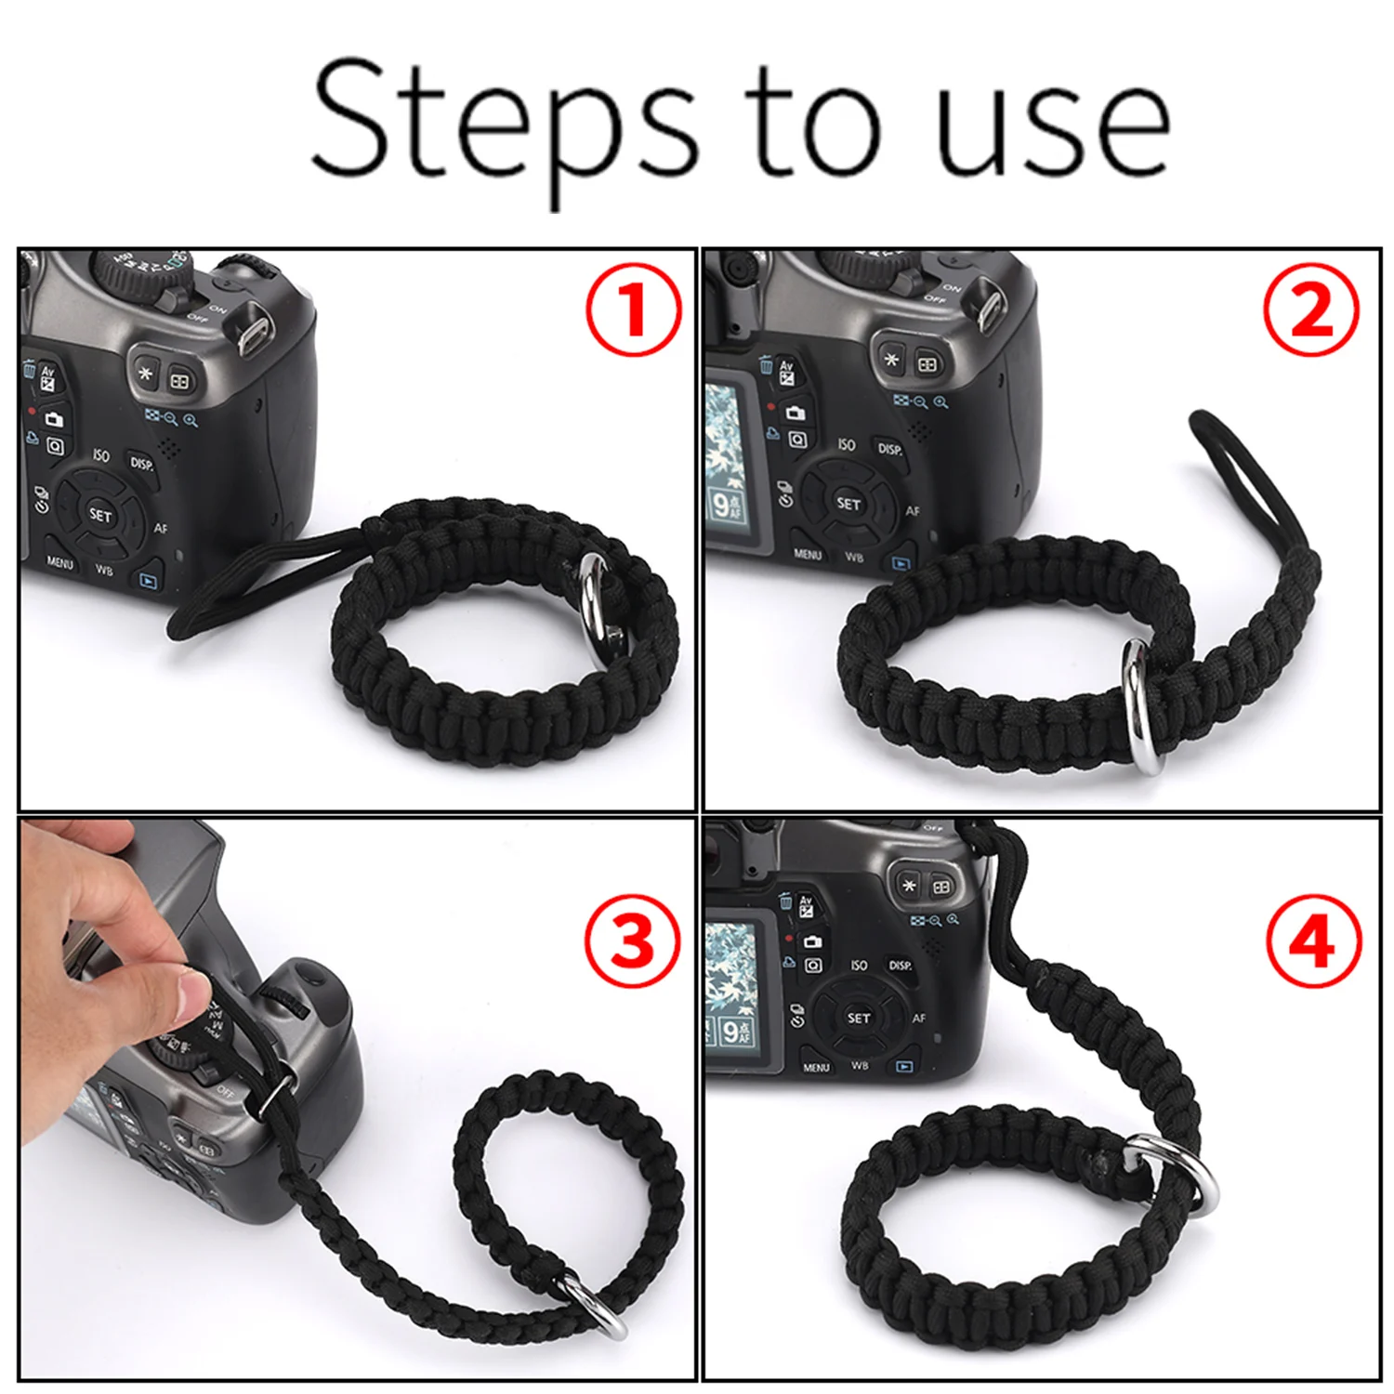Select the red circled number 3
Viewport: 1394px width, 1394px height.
(x=633, y=944)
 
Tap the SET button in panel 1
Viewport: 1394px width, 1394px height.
(x=100, y=514)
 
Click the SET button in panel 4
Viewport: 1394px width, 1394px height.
(x=859, y=1018)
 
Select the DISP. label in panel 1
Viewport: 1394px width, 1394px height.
(x=141, y=463)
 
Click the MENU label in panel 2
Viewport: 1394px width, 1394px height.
(x=807, y=554)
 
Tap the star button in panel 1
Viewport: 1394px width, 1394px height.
(x=145, y=374)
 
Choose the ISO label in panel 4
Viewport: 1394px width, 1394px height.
(x=858, y=966)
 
